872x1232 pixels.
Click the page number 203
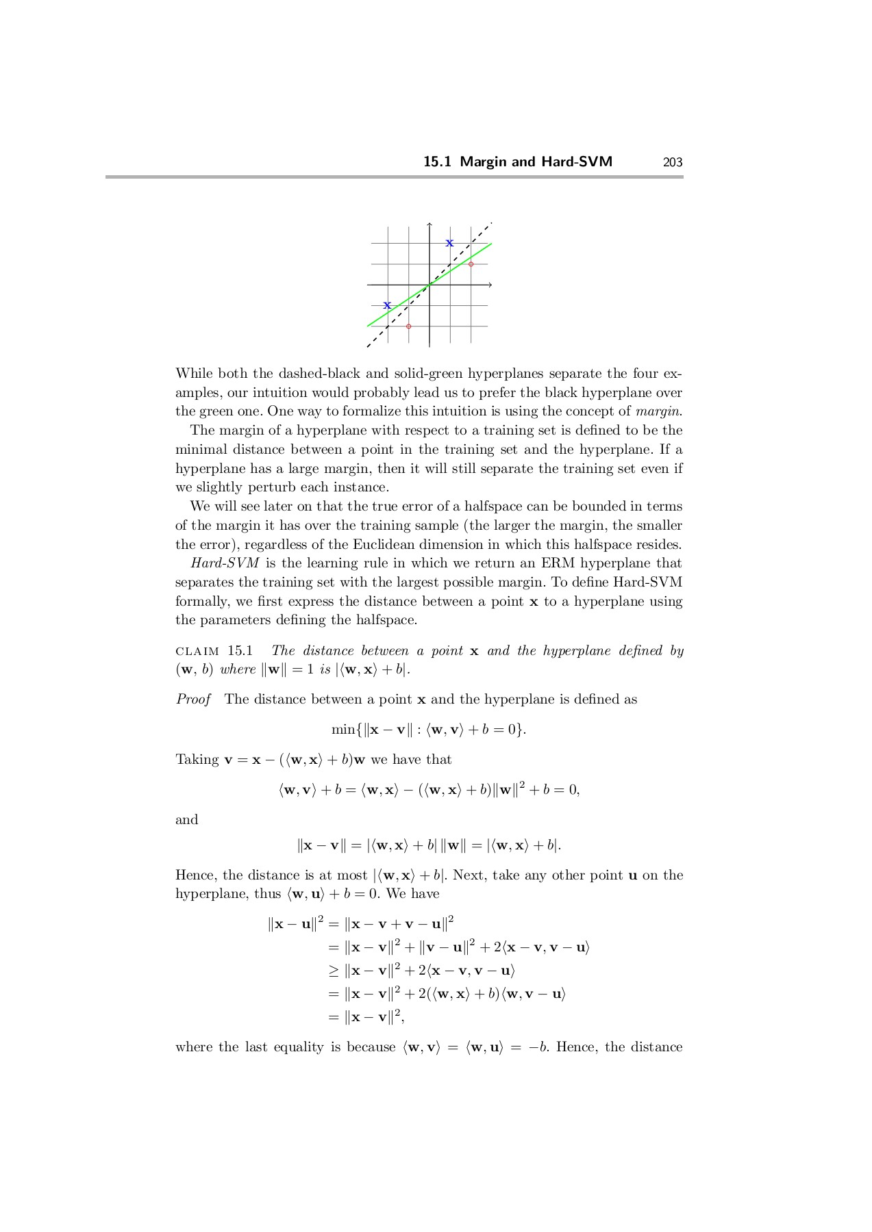pyautogui.click(x=673, y=162)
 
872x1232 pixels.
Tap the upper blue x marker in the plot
pyautogui.click(x=449, y=243)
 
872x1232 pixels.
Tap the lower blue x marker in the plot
pyautogui.click(x=387, y=305)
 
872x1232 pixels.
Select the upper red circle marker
pyautogui.click(x=471, y=264)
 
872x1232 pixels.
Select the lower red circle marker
pyautogui.click(x=409, y=326)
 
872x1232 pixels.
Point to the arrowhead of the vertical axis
pyautogui.click(x=429, y=224)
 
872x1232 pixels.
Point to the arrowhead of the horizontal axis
pyautogui.click(x=490, y=285)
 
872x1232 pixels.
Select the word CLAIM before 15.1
pyautogui.click(x=197, y=651)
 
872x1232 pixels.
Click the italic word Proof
pyautogui.click(x=193, y=700)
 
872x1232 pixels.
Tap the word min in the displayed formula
pyautogui.click(x=342, y=730)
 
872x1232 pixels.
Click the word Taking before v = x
pyautogui.click(x=197, y=760)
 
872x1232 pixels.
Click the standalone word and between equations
pyautogui.click(x=186, y=820)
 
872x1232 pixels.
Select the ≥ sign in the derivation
pyautogui.click(x=333, y=971)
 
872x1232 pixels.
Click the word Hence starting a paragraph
pyautogui.click(x=196, y=875)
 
